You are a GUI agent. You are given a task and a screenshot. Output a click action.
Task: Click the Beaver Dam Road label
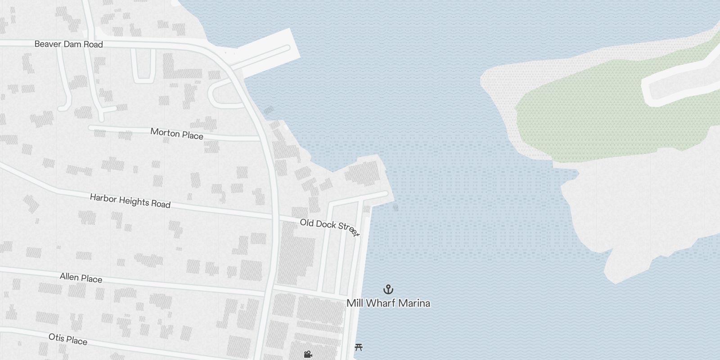68,44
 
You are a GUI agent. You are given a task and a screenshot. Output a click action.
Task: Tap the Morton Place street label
177,134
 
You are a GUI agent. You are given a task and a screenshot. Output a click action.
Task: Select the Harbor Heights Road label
130,201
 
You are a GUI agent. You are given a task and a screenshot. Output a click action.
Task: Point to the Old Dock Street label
329,227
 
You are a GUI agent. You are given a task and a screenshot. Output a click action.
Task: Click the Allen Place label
81,278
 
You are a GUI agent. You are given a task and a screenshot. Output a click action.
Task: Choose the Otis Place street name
68,339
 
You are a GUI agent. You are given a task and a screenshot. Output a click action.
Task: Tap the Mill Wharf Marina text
388,303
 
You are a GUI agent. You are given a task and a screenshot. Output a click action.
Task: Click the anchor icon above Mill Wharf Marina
388,289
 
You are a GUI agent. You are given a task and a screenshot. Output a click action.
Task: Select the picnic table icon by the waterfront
359,347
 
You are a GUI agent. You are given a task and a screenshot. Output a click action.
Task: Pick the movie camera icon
308,355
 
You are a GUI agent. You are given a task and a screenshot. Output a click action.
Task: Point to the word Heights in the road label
133,201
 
